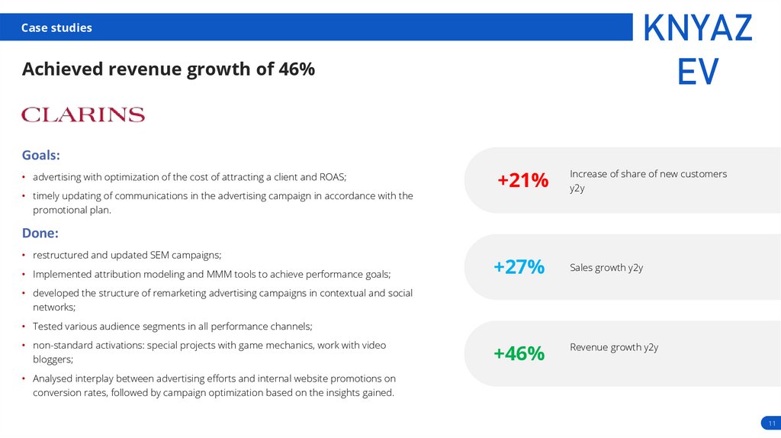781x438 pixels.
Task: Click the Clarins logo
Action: click(x=83, y=114)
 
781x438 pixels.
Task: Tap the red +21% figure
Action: click(x=522, y=181)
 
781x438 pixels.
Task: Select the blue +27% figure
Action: click(x=519, y=267)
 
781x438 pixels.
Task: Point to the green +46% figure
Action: click(x=519, y=354)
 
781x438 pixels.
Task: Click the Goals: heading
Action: click(x=40, y=155)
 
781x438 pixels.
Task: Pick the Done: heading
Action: click(x=40, y=233)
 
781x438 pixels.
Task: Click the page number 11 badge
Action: click(x=771, y=424)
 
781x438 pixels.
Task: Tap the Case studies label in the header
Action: click(x=56, y=28)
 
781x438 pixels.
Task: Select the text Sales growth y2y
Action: click(x=606, y=268)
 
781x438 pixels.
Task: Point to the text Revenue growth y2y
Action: click(x=613, y=347)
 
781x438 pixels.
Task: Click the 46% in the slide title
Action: click(x=297, y=69)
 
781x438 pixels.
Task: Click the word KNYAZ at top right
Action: click(x=697, y=29)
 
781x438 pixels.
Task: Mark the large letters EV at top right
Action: click(x=697, y=72)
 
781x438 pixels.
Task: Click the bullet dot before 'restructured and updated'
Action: click(x=24, y=256)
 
